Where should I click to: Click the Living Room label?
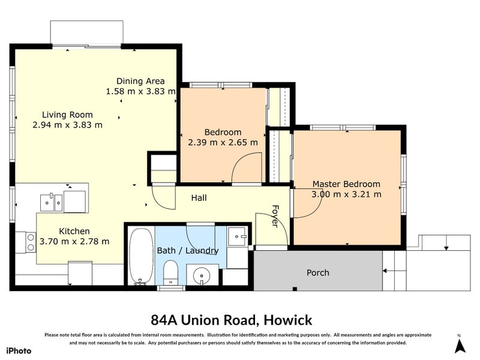point(67,115)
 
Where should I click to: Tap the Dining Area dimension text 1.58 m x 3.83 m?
point(140,92)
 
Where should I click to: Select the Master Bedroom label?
point(346,184)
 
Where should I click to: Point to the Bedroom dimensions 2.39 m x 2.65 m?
point(223,143)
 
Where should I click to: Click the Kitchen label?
point(74,231)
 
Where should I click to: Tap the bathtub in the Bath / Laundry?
point(141,256)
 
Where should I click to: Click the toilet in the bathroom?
point(170,273)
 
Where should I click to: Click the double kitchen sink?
point(52,202)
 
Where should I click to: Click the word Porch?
point(317,272)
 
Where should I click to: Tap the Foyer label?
point(275,215)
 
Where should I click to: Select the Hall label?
point(199,197)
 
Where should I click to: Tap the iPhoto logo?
point(19,351)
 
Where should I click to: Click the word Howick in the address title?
point(286,320)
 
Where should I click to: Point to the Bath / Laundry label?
point(187,251)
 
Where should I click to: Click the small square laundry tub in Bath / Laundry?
point(238,236)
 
